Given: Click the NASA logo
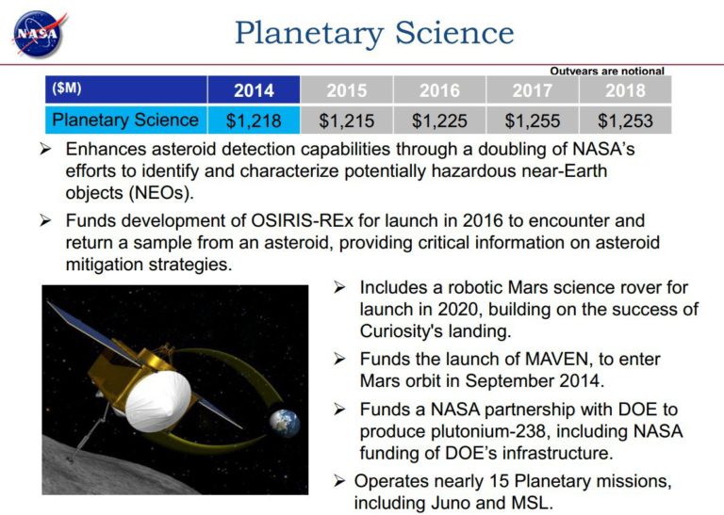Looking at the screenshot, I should click(x=39, y=33).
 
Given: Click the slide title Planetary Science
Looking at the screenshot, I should click(x=374, y=33).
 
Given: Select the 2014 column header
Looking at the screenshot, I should click(x=254, y=90).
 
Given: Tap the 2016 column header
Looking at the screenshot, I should click(x=439, y=90).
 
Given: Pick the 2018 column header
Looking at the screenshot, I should click(x=626, y=90).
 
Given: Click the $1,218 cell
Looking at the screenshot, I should click(x=254, y=121).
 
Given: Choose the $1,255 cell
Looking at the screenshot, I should click(x=533, y=121).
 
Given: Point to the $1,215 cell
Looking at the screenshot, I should click(x=347, y=121).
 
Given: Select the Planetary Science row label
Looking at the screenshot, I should click(x=125, y=120).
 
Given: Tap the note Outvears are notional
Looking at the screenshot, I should click(x=607, y=71).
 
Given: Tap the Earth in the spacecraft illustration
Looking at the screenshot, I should click(x=285, y=422).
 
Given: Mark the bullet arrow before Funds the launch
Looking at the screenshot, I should click(x=339, y=359).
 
